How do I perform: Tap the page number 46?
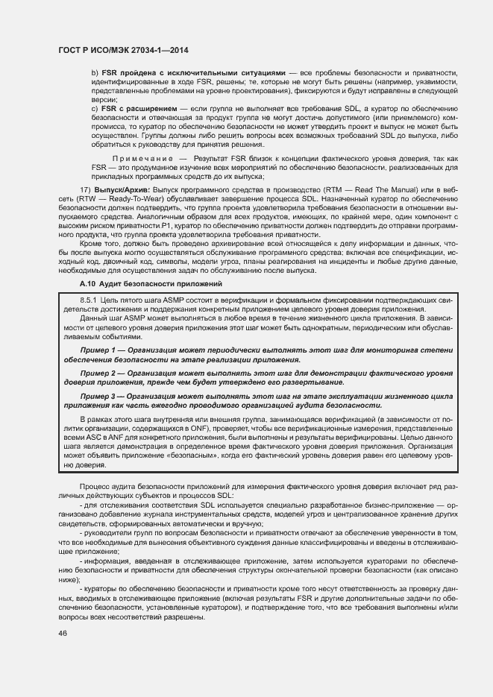(x=63, y=633)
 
